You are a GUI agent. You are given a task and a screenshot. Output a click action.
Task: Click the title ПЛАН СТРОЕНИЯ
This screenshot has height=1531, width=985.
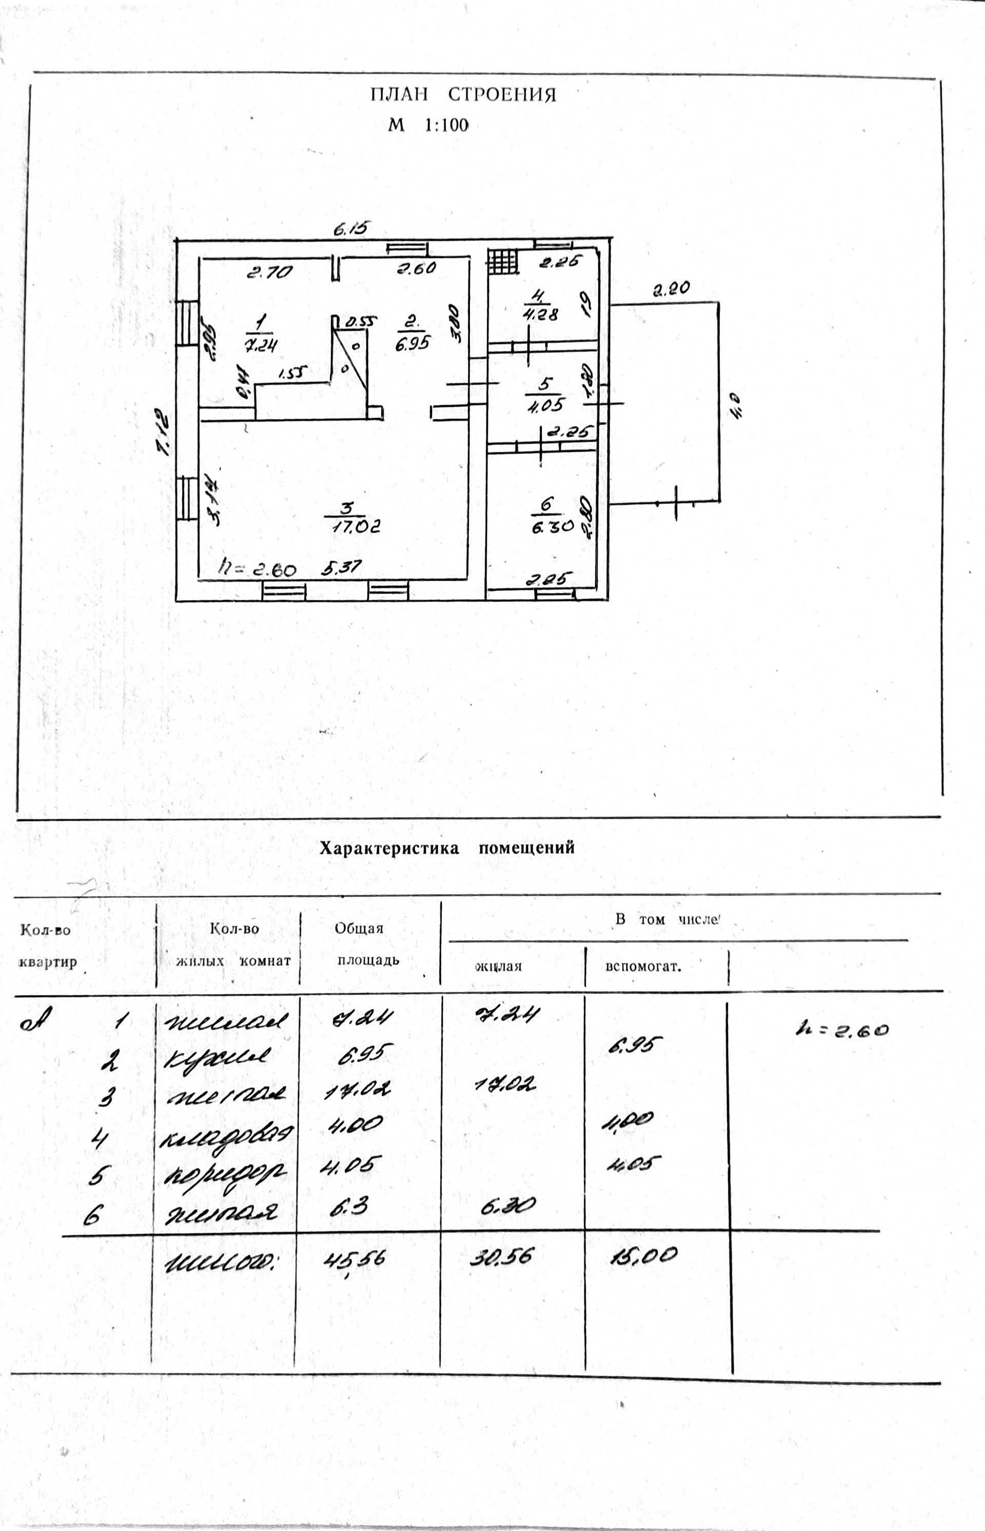click(x=463, y=95)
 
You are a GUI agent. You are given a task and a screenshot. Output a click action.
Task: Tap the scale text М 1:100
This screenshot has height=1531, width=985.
click(x=428, y=125)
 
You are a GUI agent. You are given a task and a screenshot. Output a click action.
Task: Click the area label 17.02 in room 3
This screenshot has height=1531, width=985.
click(x=356, y=527)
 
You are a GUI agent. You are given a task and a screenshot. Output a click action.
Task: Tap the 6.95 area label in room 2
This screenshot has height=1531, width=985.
click(x=412, y=344)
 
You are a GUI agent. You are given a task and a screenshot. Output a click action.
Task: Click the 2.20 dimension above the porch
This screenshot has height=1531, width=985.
click(x=671, y=290)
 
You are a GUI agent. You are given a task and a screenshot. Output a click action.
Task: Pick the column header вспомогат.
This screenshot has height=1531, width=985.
click(x=642, y=966)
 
